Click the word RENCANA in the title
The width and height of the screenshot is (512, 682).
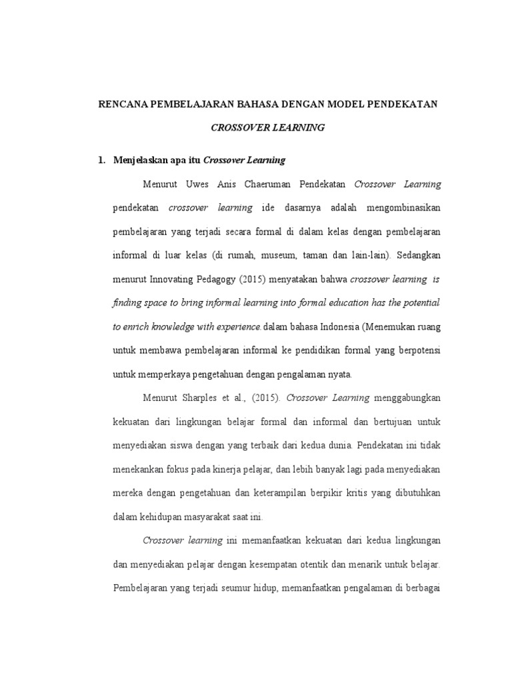tap(122, 104)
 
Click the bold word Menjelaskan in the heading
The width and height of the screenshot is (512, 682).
tap(140, 160)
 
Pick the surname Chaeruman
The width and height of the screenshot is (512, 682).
tap(283, 184)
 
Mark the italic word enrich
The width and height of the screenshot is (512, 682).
tap(139, 326)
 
